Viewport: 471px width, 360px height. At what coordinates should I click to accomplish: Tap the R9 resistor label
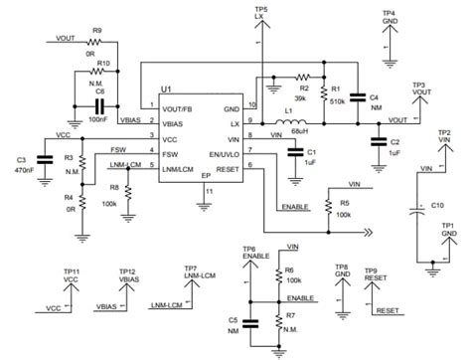point(96,30)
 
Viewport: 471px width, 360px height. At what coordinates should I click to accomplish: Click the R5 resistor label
point(343,203)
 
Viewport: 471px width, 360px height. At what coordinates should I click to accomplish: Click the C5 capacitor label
point(231,319)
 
